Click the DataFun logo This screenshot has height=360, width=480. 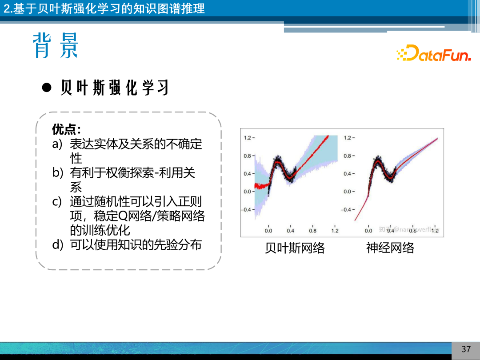click(x=433, y=53)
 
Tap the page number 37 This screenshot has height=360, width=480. click(x=466, y=349)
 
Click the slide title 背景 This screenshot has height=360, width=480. click(x=56, y=45)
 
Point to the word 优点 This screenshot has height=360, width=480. click(x=66, y=129)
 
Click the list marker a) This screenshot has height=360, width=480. click(x=58, y=144)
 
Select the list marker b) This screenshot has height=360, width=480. click(x=58, y=173)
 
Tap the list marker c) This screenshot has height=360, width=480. click(x=57, y=202)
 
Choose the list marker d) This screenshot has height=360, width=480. click(x=58, y=244)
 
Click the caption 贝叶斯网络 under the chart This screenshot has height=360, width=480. click(x=295, y=248)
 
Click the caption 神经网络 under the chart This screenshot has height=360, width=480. click(x=390, y=248)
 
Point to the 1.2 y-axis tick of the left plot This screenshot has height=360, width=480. click(x=248, y=138)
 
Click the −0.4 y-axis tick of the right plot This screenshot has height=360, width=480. click(x=348, y=209)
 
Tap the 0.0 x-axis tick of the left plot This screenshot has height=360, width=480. click(x=268, y=231)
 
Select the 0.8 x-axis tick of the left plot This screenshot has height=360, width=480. click(x=313, y=231)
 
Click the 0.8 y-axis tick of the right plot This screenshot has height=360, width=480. click(x=349, y=156)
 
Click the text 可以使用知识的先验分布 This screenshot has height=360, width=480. click(x=136, y=244)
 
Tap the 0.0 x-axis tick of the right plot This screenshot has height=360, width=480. click(x=368, y=231)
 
